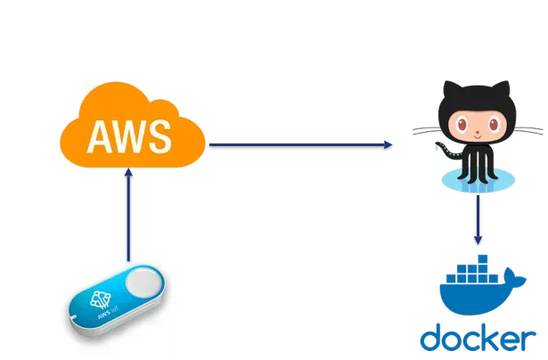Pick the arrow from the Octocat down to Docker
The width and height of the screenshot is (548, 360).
click(479, 218)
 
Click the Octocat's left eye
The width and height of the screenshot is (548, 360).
click(463, 121)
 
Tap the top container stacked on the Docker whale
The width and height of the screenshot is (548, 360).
click(484, 259)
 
